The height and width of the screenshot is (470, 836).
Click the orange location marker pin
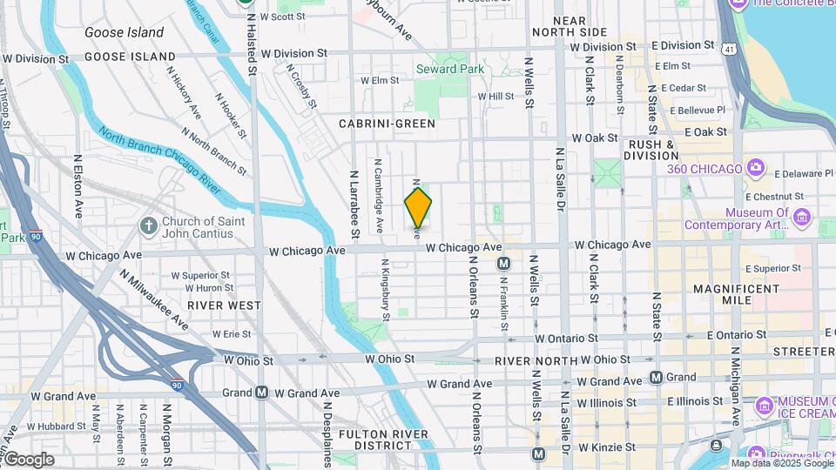[x=419, y=208]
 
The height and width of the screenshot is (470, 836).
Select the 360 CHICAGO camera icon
[x=755, y=167]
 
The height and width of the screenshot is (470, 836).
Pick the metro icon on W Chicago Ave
[x=502, y=264]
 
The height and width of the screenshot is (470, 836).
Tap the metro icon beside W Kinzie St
[x=538, y=453]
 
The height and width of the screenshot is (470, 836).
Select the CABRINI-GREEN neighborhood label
[x=388, y=124]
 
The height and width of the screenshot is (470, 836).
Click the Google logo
[x=29, y=460]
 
